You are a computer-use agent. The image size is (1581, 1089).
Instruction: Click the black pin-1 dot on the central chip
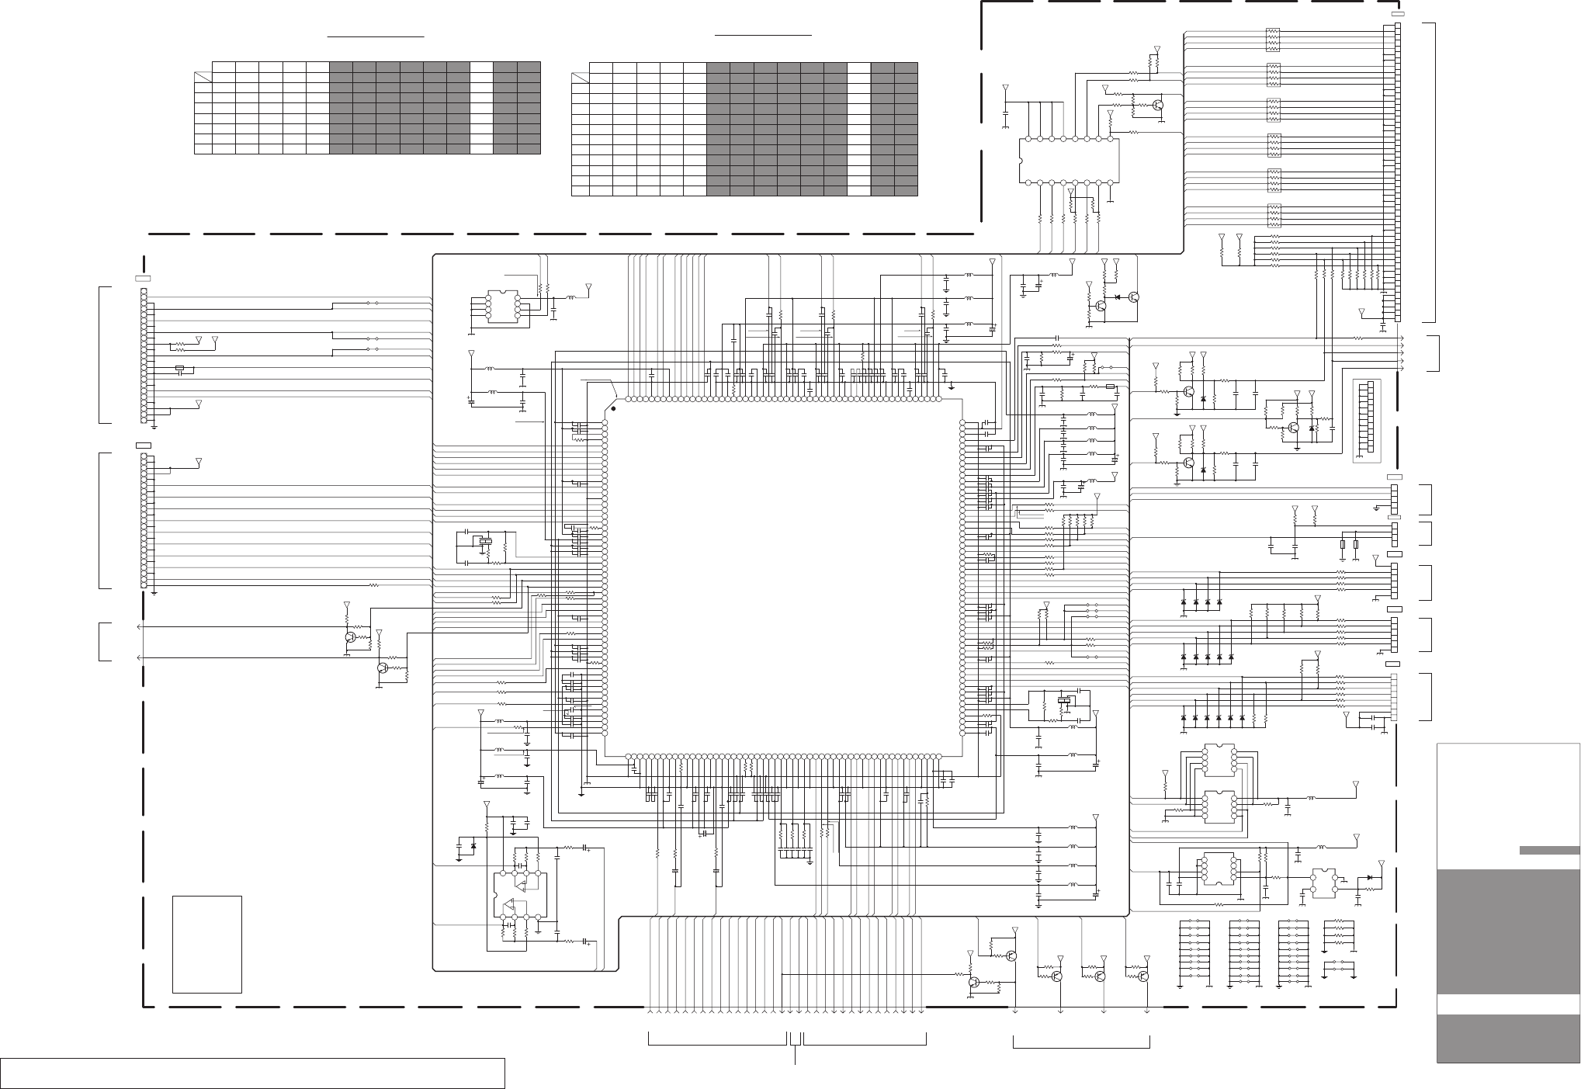(613, 408)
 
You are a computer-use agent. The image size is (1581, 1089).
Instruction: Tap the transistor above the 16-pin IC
(1159, 105)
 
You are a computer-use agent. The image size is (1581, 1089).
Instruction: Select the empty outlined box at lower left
(206, 944)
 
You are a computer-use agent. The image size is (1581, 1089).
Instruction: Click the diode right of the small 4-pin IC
(1371, 878)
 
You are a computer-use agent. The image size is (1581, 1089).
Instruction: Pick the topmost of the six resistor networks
(1272, 38)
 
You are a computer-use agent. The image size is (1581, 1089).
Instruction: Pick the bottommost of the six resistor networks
(1272, 213)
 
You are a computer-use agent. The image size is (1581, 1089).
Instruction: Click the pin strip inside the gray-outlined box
(1370, 420)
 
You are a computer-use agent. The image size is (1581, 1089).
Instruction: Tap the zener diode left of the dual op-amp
(473, 845)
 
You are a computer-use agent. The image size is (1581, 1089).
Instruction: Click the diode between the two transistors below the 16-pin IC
(1117, 297)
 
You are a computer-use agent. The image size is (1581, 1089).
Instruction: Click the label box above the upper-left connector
(143, 278)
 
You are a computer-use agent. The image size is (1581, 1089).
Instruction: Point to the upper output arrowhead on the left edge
(139, 626)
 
